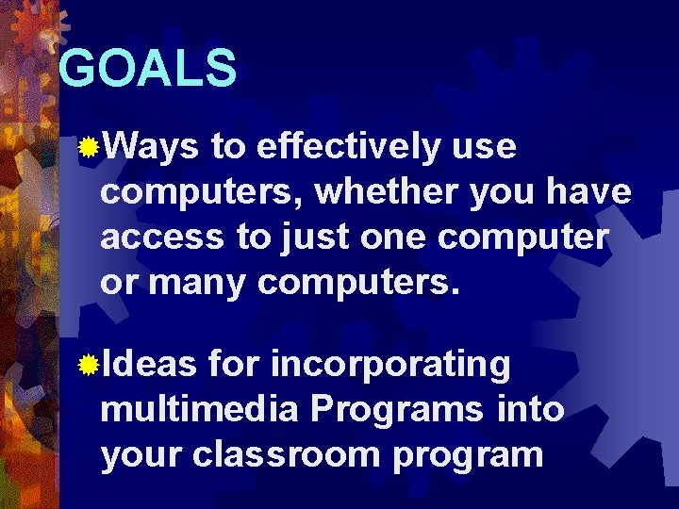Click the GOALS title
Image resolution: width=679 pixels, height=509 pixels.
pos(147,68)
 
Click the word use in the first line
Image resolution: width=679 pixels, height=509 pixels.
pos(484,147)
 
